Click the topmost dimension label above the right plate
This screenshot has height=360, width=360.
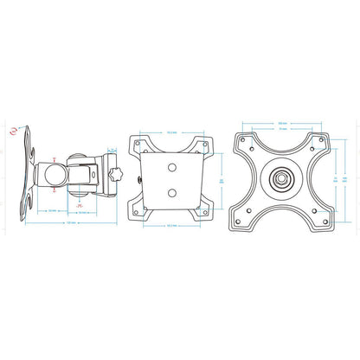281,122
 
